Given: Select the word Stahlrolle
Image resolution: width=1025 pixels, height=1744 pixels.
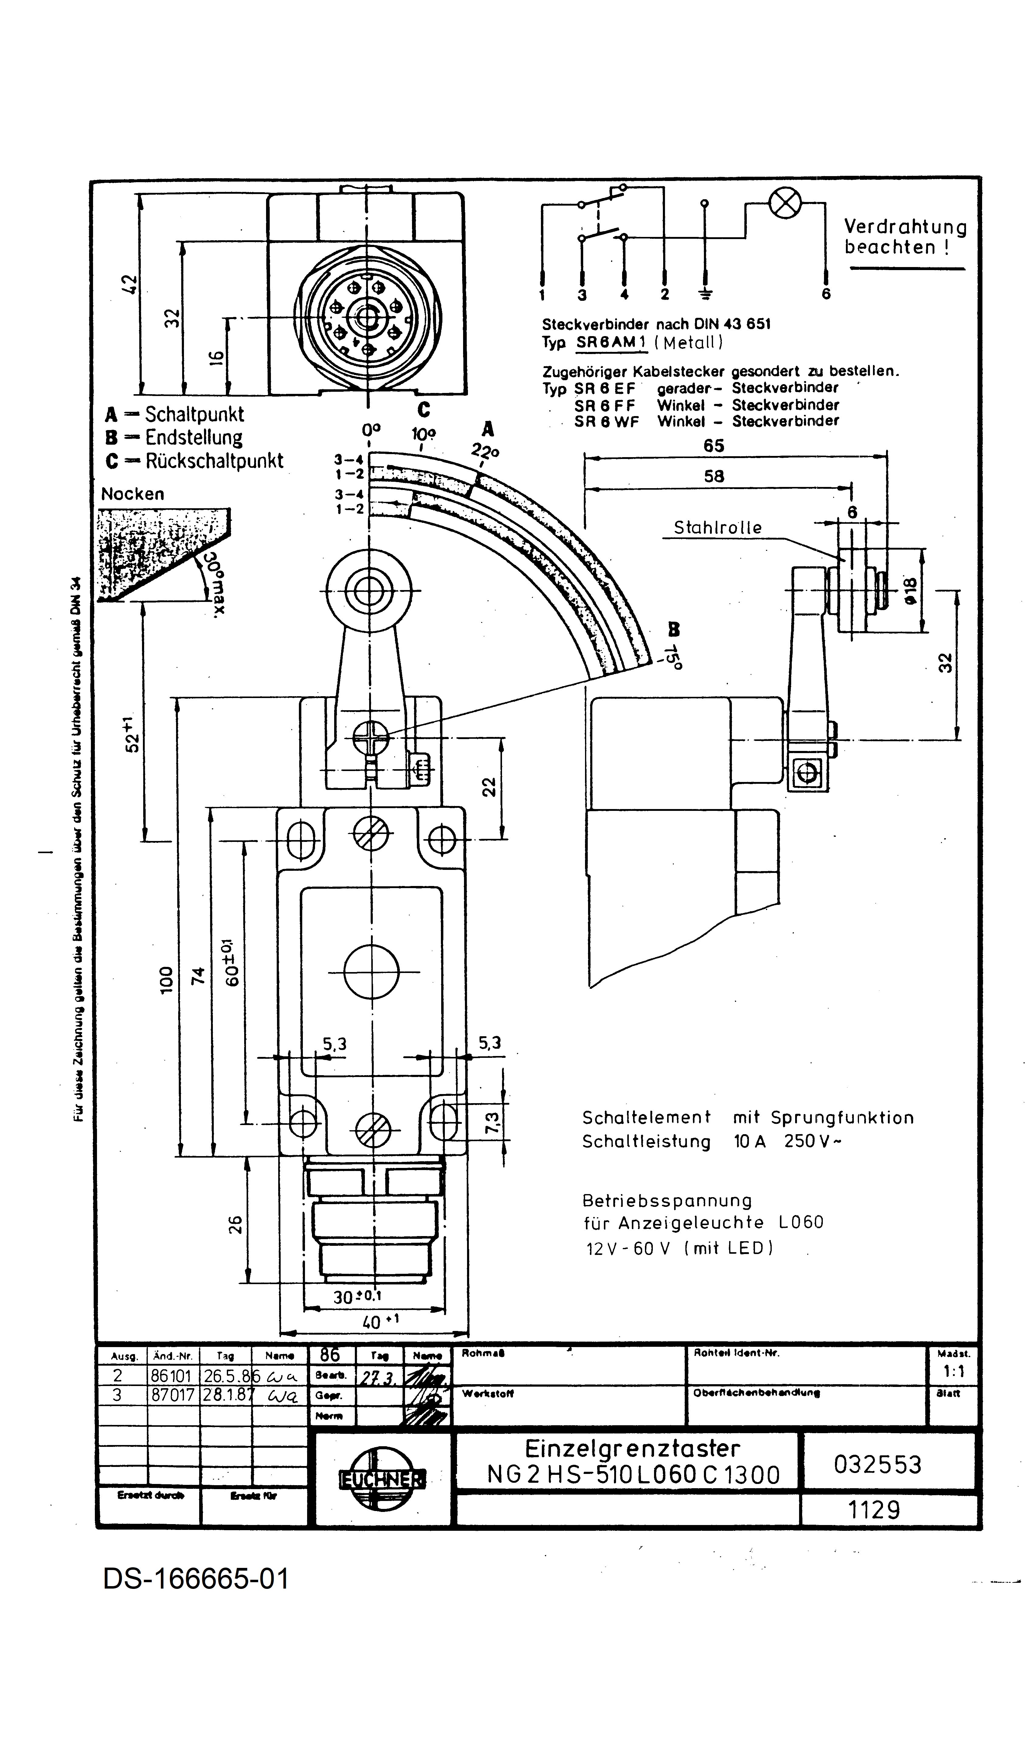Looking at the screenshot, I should coord(718,527).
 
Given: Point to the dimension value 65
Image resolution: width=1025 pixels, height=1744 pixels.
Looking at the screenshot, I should coord(714,446).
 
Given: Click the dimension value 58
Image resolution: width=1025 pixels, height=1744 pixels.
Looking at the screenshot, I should coord(714,476).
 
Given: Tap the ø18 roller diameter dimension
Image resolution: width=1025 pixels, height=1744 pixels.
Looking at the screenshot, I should coord(909,590).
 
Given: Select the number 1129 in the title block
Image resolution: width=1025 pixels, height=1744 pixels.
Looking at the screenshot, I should coord(874,1509).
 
